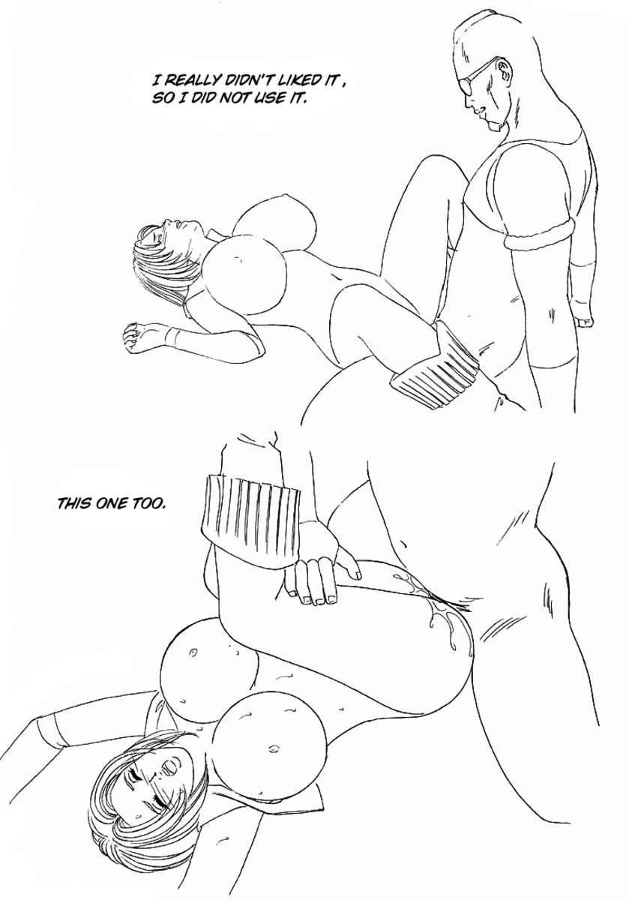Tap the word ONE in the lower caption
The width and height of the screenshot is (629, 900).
point(110,503)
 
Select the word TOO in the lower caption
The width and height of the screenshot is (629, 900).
point(147,503)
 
